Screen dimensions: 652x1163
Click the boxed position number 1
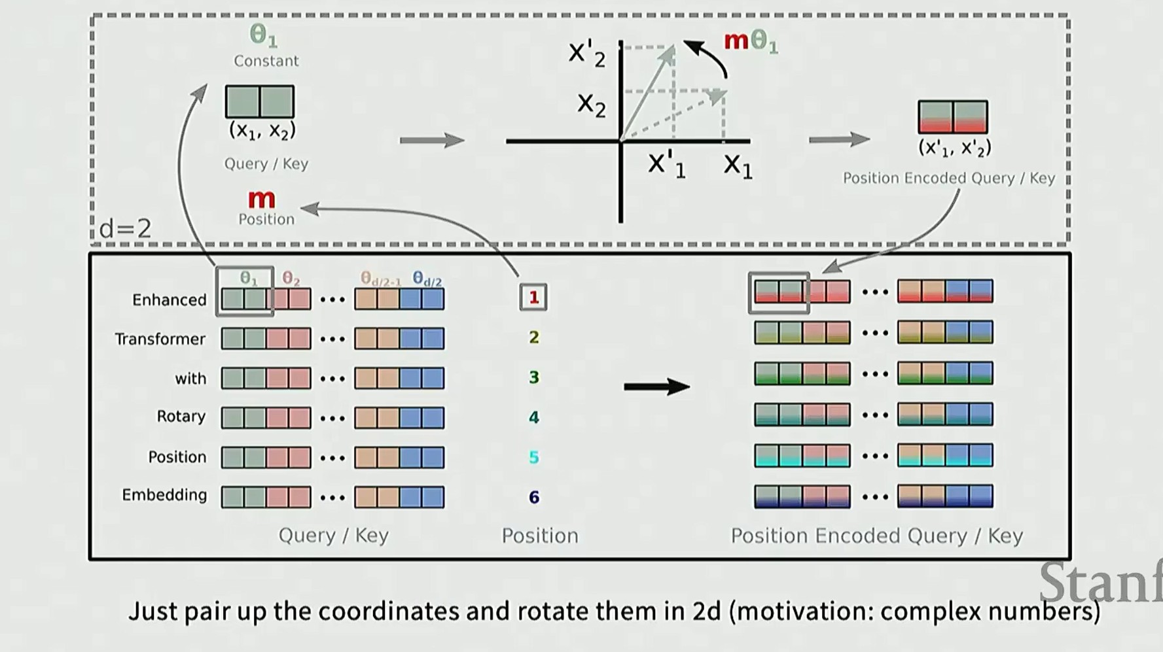tap(533, 298)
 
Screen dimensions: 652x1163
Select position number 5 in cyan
tap(534, 457)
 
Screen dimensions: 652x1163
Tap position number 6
tap(534, 497)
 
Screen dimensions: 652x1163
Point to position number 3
tap(534, 377)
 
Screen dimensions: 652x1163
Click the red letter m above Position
tap(262, 199)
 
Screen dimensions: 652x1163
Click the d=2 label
tap(125, 228)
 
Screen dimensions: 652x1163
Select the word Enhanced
tap(170, 300)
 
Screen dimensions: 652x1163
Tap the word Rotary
tap(181, 417)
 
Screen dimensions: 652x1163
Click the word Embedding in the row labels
tap(164, 495)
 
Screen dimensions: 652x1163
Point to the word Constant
tap(266, 61)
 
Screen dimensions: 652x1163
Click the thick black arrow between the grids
tap(656, 386)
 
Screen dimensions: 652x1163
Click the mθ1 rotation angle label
tap(751, 41)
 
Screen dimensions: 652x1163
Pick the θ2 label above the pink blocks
tap(291, 279)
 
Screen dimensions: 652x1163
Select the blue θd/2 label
tap(427, 279)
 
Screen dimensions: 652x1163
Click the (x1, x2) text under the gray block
tap(262, 131)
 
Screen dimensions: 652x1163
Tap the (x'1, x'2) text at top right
tap(954, 148)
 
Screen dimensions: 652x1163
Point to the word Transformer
tap(160, 339)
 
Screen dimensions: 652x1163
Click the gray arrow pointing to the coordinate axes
tap(432, 140)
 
